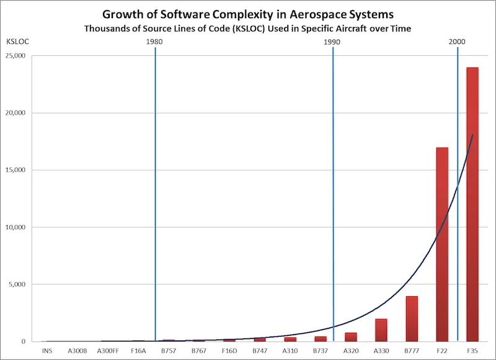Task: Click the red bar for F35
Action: pos(472,204)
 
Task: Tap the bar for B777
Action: pos(412,318)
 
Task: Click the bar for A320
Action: pos(351,337)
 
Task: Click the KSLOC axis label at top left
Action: pos(15,42)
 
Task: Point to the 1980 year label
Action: pos(155,42)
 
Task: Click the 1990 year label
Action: pos(333,42)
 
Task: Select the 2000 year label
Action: pos(458,42)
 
